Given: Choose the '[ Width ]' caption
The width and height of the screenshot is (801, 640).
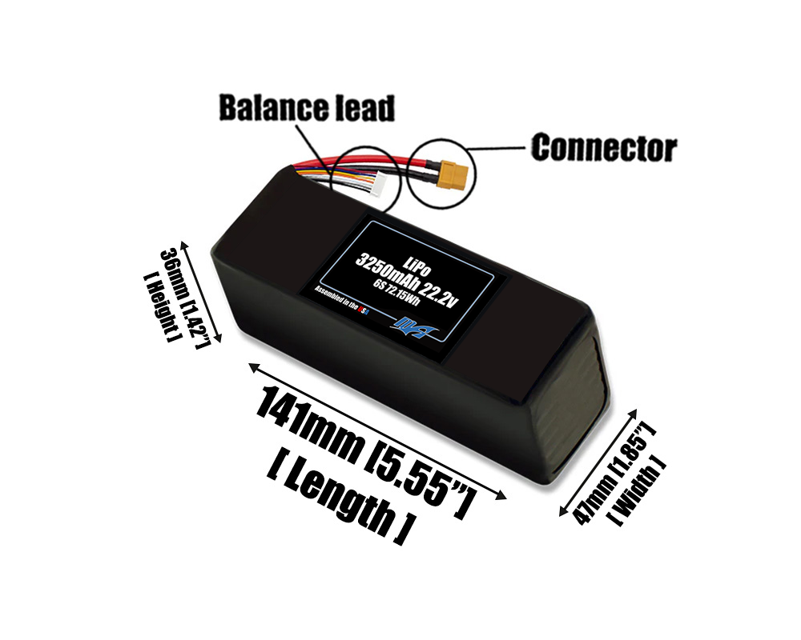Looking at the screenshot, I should [x=638, y=492].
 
